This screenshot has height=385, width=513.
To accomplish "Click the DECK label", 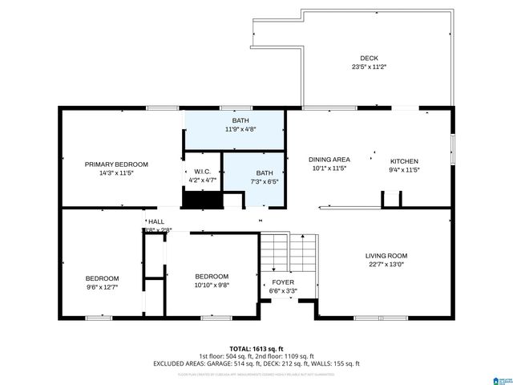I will (369, 58).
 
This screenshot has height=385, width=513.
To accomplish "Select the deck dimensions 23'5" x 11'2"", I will (369, 67).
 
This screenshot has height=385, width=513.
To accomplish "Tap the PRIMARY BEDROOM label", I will (116, 164).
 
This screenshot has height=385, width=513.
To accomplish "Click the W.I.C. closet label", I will (202, 172).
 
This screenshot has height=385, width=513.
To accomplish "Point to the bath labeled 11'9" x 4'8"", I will (240, 124).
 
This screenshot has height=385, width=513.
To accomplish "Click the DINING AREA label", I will (329, 160).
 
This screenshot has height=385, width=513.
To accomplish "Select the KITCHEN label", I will (404, 160).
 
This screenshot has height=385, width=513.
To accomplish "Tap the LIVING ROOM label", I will (387, 256).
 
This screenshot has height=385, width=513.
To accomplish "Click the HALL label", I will (156, 221).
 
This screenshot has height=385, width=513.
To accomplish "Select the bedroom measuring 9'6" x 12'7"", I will (103, 282).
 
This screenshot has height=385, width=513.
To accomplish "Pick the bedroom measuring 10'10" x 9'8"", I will (212, 281).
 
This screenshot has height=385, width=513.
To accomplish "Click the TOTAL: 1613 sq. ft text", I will (256, 348).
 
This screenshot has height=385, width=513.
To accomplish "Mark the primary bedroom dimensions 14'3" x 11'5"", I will (116, 172).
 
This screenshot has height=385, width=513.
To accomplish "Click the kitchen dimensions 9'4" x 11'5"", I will (404, 169).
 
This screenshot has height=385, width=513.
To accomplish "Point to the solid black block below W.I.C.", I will (200, 199).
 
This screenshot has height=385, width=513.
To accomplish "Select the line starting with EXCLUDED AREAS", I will (256, 363).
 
